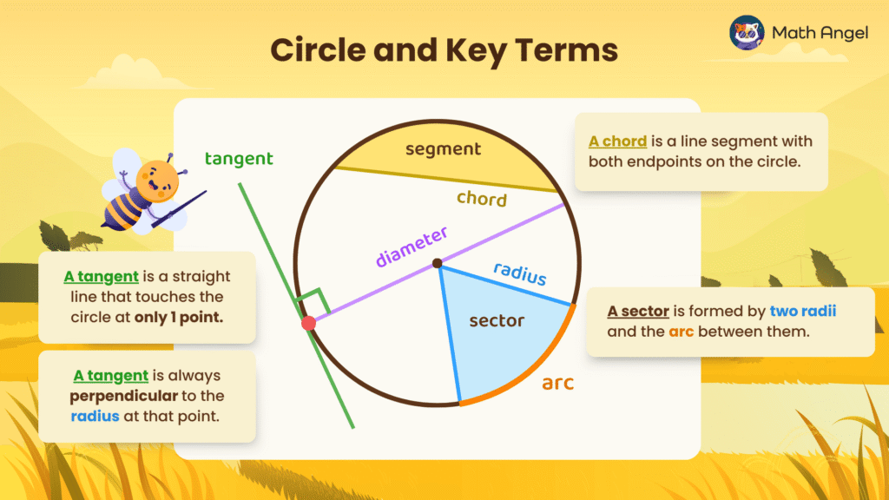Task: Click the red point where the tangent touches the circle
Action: tap(308, 323)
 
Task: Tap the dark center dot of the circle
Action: tap(438, 263)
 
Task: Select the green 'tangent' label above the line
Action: tap(239, 159)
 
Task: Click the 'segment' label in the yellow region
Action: tap(443, 149)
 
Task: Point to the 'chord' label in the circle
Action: tap(482, 199)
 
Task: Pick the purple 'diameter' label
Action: tap(412, 247)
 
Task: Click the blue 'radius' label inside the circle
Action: tap(520, 273)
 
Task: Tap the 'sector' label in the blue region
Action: tap(497, 321)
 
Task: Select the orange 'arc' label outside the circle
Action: tap(558, 383)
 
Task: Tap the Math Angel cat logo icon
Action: tap(746, 33)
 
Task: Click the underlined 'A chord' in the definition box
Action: tap(617, 141)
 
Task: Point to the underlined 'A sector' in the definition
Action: tap(638, 312)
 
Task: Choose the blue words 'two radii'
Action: tap(803, 312)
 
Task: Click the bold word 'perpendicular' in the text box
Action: tap(123, 396)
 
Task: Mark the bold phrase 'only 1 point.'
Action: tap(179, 318)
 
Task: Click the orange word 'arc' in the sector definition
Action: tap(681, 332)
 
